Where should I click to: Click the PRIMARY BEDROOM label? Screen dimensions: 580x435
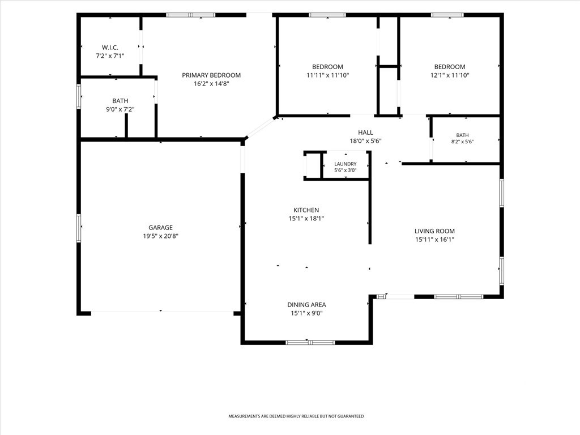pyautogui.click(x=211, y=75)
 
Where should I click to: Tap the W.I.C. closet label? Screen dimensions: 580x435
pyautogui.click(x=110, y=48)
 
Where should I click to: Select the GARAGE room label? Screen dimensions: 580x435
pyautogui.click(x=160, y=228)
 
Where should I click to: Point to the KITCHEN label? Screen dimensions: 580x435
pyautogui.click(x=306, y=210)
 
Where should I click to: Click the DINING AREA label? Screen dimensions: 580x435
pyautogui.click(x=306, y=305)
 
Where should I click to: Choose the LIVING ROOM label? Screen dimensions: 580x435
pyautogui.click(x=434, y=231)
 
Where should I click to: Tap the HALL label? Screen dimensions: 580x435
pyautogui.click(x=365, y=133)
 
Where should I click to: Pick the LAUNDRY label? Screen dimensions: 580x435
pyautogui.click(x=346, y=164)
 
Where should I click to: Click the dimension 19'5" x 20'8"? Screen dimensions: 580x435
pyautogui.click(x=160, y=236)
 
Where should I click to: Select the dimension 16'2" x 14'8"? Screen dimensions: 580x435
pyautogui.click(x=211, y=84)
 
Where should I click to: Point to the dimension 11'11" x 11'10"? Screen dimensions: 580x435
pyautogui.click(x=328, y=75)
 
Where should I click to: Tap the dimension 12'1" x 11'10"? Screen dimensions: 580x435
pyautogui.click(x=450, y=75)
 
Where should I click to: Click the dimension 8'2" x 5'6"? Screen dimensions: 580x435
pyautogui.click(x=462, y=142)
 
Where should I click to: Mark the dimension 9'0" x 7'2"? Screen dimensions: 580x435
pyautogui.click(x=120, y=109)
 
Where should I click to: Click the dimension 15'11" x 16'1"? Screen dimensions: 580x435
pyautogui.click(x=434, y=240)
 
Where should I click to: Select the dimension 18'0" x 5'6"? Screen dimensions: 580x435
pyautogui.click(x=365, y=141)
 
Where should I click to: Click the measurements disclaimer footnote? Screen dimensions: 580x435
pyautogui.click(x=296, y=416)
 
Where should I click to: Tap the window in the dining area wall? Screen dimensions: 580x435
pyautogui.click(x=310, y=343)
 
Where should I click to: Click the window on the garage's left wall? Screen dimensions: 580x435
pyautogui.click(x=78, y=228)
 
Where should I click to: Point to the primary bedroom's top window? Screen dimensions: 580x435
pyautogui.click(x=190, y=15)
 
